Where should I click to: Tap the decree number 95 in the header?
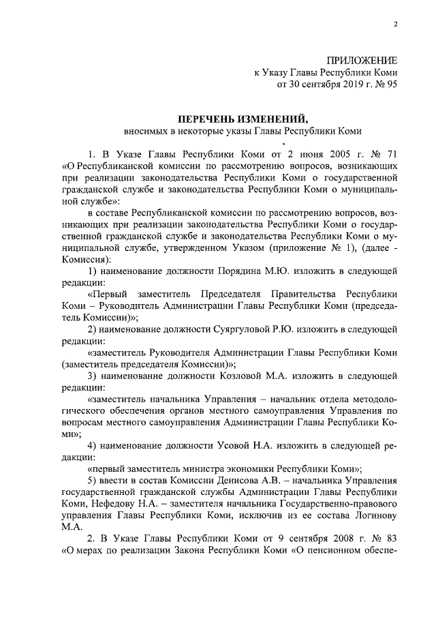(391, 85)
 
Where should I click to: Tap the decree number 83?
(390, 539)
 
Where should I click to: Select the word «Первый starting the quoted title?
(111, 295)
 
